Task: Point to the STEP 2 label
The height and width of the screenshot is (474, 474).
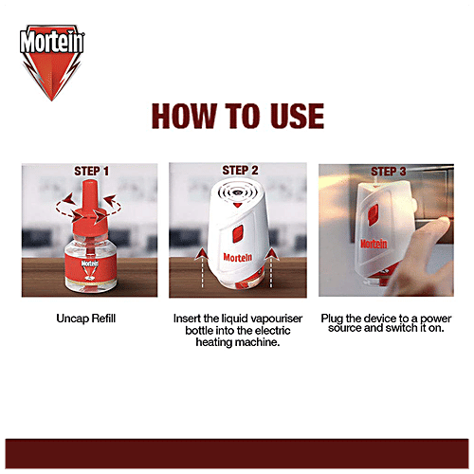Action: click(x=240, y=171)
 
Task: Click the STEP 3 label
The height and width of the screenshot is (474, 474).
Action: click(x=389, y=172)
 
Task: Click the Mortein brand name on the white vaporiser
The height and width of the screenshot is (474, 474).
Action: click(x=237, y=258)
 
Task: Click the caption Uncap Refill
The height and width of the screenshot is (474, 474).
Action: click(x=91, y=319)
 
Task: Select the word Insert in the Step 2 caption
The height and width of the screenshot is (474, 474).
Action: click(x=190, y=319)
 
